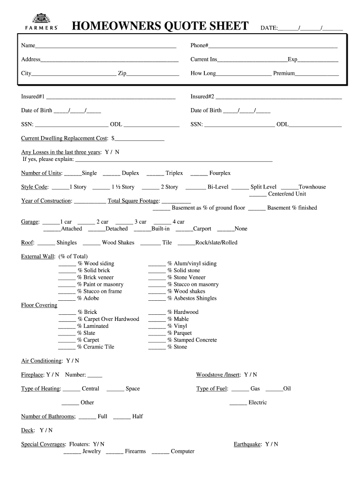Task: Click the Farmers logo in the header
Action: point(41,22)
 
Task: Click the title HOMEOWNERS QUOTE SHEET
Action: point(160,27)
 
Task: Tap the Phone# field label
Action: point(199,46)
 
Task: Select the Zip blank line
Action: point(153,73)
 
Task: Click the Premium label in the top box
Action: point(284,73)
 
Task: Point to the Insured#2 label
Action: point(202,97)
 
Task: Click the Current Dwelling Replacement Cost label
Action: point(65,138)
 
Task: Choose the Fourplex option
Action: point(220,173)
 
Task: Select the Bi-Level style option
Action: point(218,187)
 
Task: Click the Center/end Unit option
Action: point(287,194)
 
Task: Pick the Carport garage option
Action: point(202,229)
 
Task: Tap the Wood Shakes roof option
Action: point(118,243)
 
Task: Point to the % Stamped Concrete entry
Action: point(195,340)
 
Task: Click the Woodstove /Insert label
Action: point(218,375)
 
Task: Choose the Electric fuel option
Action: point(258,403)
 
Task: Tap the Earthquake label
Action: point(247,444)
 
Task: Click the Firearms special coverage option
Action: point(135,451)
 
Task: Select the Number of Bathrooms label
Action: point(48,416)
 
